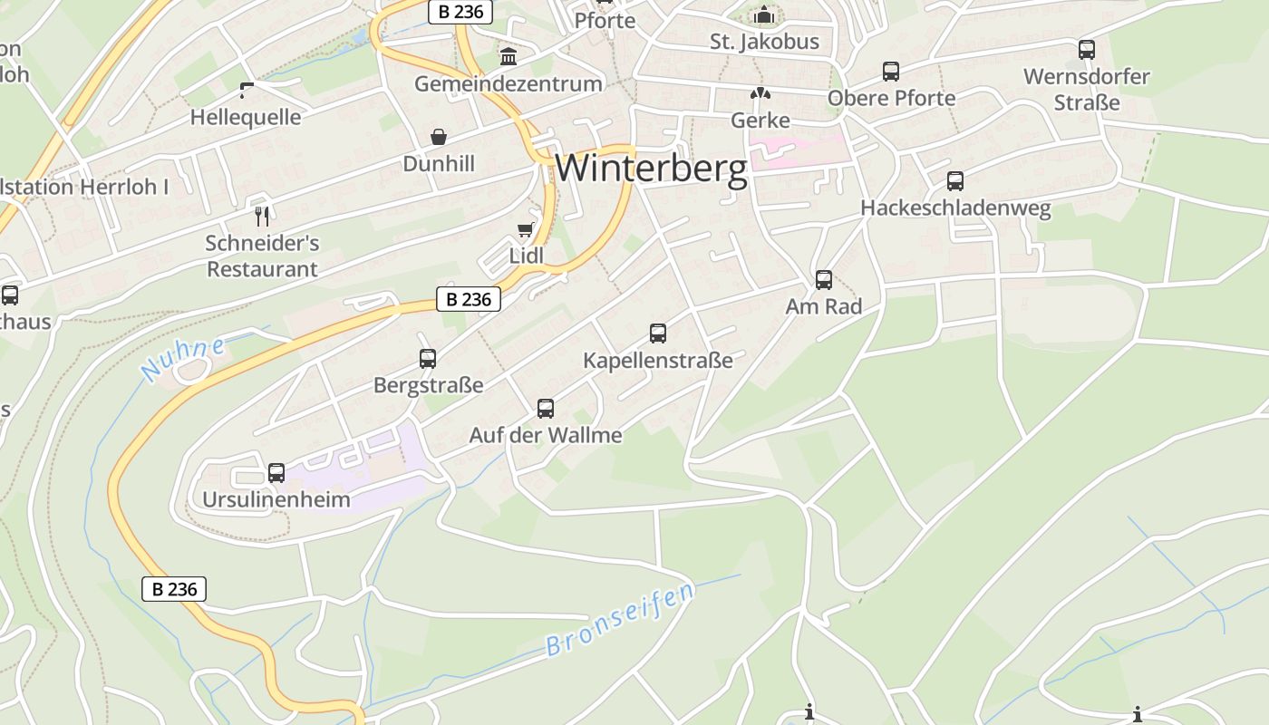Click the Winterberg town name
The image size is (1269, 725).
click(651, 169)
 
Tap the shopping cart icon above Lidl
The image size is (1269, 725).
click(525, 229)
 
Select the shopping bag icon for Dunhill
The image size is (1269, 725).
click(439, 137)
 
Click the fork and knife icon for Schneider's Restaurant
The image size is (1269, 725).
click(262, 216)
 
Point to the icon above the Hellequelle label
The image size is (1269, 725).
click(246, 89)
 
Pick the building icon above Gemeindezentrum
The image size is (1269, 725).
click(509, 57)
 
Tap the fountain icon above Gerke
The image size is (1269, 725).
click(760, 93)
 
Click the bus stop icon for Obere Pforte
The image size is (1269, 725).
click(891, 71)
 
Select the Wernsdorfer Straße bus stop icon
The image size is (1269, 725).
click(1086, 50)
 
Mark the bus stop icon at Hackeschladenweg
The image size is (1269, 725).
click(955, 181)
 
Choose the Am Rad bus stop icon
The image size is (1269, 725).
click(823, 280)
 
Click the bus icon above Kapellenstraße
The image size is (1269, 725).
click(658, 333)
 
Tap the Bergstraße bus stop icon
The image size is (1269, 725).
click(428, 359)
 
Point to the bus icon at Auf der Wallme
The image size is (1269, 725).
click(545, 409)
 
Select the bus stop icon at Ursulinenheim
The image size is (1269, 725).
click(276, 473)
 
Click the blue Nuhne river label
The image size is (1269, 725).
click(183, 360)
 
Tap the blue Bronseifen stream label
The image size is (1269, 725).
click(621, 619)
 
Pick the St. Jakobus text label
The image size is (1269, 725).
click(764, 42)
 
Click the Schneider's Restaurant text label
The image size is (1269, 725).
click(262, 256)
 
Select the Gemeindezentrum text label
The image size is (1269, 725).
click(508, 83)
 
